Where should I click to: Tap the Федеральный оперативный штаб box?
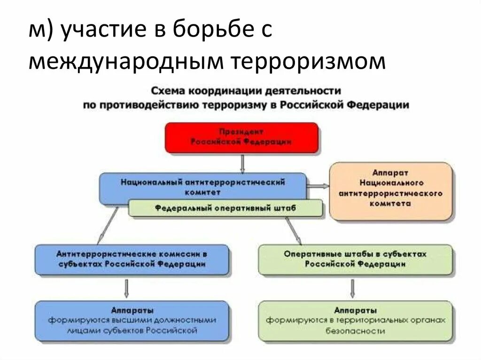[x=225, y=208]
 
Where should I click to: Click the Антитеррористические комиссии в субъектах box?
[x=132, y=259]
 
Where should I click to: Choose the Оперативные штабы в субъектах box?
[x=355, y=259]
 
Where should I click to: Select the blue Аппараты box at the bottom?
[x=132, y=321]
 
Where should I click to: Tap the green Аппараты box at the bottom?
[x=355, y=321]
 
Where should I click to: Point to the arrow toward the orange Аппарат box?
[x=318, y=186]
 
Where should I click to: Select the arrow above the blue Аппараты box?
[x=126, y=288]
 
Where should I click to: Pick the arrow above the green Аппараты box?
[x=352, y=288]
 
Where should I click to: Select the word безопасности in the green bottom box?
[x=355, y=331]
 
